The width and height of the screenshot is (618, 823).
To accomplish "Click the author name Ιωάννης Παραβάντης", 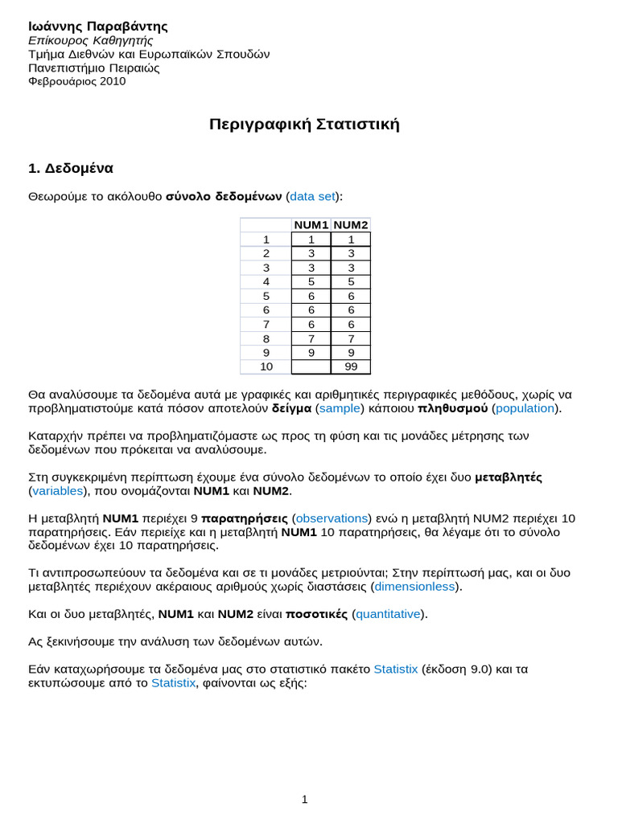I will pyautogui.click(x=98, y=27).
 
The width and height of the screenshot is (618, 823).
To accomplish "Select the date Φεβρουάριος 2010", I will pyautogui.click(x=77, y=81).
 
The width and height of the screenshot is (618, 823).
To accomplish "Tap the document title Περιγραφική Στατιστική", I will pyautogui.click(x=304, y=125).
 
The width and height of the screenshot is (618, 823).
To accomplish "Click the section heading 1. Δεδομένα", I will pyautogui.click(x=71, y=169).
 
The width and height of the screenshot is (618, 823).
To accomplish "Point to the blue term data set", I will pyautogui.click(x=312, y=196).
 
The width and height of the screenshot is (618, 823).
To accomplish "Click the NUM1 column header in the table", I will pyautogui.click(x=311, y=225).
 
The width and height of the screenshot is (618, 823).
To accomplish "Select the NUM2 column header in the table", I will pyautogui.click(x=350, y=225).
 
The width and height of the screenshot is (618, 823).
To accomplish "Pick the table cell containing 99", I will pyautogui.click(x=350, y=367).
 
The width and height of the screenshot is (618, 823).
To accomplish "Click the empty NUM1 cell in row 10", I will pyautogui.click(x=311, y=367).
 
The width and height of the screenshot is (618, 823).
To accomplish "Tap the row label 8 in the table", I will pyautogui.click(x=266, y=339).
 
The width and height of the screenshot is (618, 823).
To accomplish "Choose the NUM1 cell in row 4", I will pyautogui.click(x=311, y=282).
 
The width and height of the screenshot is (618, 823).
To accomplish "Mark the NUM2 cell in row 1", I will pyautogui.click(x=350, y=240).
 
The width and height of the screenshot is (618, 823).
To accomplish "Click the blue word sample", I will pyautogui.click(x=340, y=408).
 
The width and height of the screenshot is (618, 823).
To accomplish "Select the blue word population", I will pyautogui.click(x=525, y=408).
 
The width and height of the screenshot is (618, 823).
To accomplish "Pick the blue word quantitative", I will pyautogui.click(x=389, y=614).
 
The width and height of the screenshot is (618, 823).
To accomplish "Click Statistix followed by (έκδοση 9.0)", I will pyautogui.click(x=395, y=669).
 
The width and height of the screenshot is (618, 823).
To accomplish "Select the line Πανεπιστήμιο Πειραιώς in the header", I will pyautogui.click(x=94, y=68).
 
